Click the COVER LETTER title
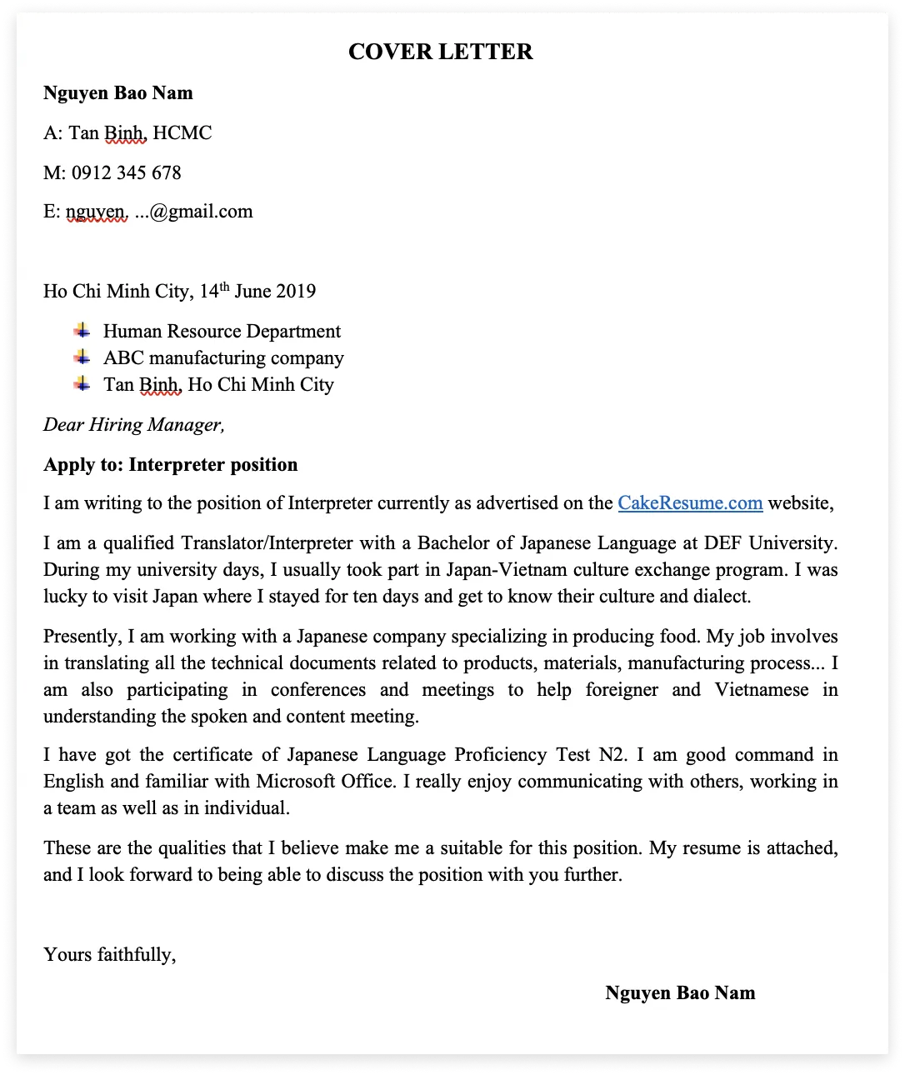pos(440,52)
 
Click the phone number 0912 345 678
pos(126,172)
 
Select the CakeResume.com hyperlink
pos(690,502)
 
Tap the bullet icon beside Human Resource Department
pos(82,330)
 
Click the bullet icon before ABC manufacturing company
pos(82,357)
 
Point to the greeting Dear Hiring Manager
pos(134,424)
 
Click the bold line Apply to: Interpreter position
pos(170,464)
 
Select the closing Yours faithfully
pos(109,954)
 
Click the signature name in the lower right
pos(680,992)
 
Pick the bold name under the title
pos(118,92)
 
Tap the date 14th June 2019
pos(257,291)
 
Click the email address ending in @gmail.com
pos(159,212)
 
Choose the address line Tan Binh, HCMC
pos(140,132)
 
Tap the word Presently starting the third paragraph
pos(82,636)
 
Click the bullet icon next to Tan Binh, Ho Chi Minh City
pos(82,383)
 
